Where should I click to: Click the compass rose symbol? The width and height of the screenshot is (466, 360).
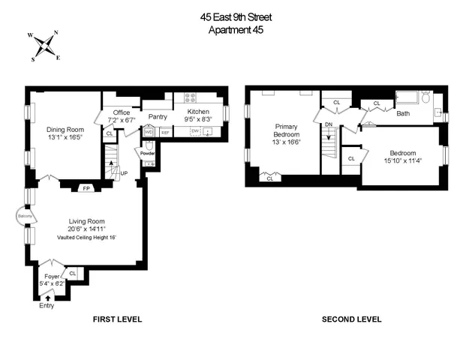pyautogui.click(x=47, y=44)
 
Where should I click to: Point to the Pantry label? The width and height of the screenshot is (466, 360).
pyautogui.click(x=158, y=116)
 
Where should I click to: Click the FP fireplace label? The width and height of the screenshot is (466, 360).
pyautogui.click(x=86, y=187)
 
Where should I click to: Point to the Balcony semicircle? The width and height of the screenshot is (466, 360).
pyautogui.click(x=22, y=217)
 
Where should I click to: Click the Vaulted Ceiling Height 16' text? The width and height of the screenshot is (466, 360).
pyautogui.click(x=86, y=237)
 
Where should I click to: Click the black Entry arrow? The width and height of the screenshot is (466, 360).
pyautogui.click(x=49, y=298)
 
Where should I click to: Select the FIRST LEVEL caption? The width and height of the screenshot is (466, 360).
pyautogui.click(x=117, y=319)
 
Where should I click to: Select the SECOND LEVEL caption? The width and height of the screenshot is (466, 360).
pyautogui.click(x=351, y=319)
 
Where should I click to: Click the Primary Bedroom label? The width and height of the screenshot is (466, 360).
pyautogui.click(x=287, y=131)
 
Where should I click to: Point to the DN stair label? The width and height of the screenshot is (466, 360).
pyautogui.click(x=328, y=125)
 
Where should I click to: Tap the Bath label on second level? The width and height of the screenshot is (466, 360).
pyautogui.click(x=403, y=114)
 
